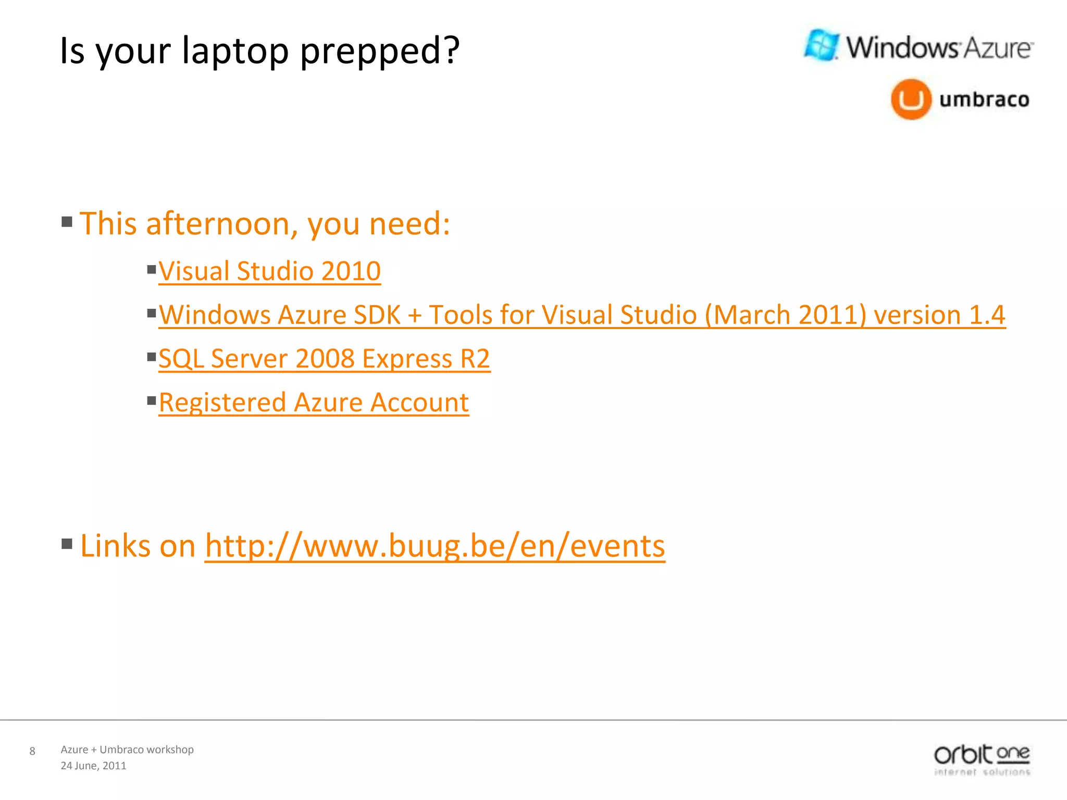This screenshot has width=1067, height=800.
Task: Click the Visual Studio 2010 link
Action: pyautogui.click(x=269, y=271)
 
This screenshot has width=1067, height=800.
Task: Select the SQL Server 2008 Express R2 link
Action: pyautogui.click(x=324, y=359)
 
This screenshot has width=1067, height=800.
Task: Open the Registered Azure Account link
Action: pyautogui.click(x=314, y=403)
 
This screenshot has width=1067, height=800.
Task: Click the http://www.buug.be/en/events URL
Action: pyautogui.click(x=435, y=546)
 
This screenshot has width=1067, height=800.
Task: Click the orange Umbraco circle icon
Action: pyautogui.click(x=911, y=99)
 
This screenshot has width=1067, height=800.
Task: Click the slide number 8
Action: pyautogui.click(x=32, y=751)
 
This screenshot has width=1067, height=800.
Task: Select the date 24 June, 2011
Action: pyautogui.click(x=93, y=766)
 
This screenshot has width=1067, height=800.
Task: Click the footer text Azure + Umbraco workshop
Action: pyautogui.click(x=127, y=749)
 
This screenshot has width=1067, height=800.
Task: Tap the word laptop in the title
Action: pyautogui.click(x=235, y=51)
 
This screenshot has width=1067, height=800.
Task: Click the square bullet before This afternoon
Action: pyautogui.click(x=67, y=222)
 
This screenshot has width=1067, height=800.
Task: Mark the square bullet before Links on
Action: pyautogui.click(x=67, y=544)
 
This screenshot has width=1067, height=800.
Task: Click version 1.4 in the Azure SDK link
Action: pyautogui.click(x=939, y=315)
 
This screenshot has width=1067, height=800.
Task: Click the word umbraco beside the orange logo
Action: pyautogui.click(x=984, y=99)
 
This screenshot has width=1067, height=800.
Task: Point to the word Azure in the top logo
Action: pyautogui.click(x=997, y=48)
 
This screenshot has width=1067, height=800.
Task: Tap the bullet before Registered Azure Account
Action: pyautogui.click(x=152, y=401)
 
